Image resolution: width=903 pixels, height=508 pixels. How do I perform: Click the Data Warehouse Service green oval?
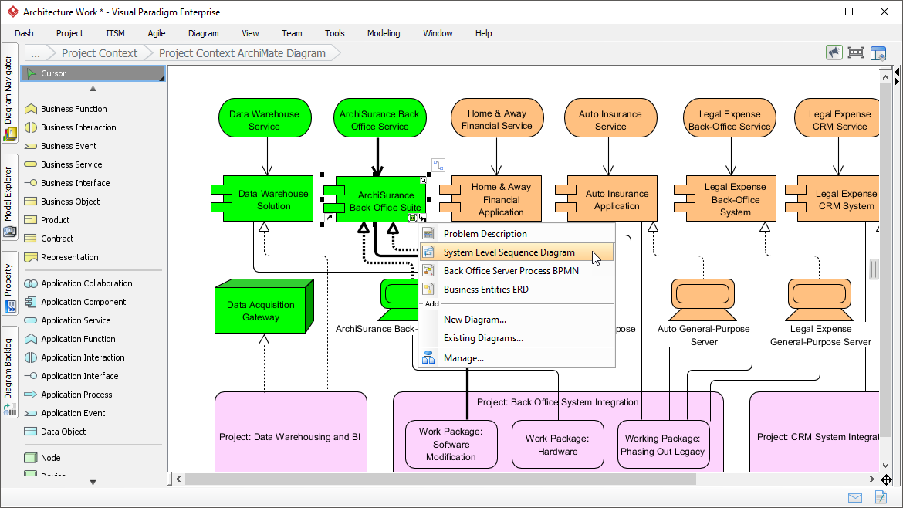[x=265, y=118]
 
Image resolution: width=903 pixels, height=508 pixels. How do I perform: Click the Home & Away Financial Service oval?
[x=497, y=118]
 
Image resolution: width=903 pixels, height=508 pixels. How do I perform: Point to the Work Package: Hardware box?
[x=557, y=444]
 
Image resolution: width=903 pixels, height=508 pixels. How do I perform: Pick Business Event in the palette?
[x=69, y=146]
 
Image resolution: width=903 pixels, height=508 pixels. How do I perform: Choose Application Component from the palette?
[x=83, y=302]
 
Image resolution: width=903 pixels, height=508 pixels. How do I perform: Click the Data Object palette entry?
[x=63, y=432]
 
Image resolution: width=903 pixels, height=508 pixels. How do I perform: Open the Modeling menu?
[x=384, y=33]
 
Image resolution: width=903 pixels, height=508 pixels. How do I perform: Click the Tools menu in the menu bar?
[x=335, y=33]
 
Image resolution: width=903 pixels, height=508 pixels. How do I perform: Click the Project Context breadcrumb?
[x=100, y=53]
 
